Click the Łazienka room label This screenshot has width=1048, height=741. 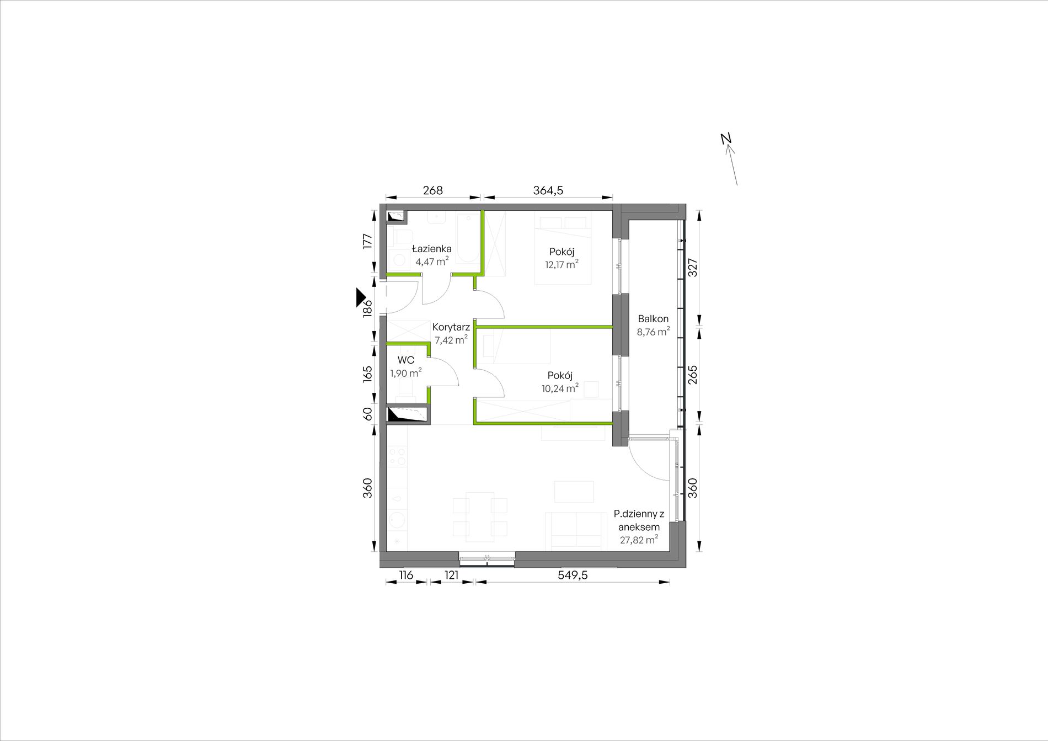[x=432, y=248]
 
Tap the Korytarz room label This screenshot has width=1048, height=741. [x=451, y=327]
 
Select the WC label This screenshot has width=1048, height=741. [x=406, y=360]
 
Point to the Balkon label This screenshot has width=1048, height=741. [x=653, y=319]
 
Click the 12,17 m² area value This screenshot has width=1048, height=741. [x=562, y=264]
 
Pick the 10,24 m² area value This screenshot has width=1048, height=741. [x=560, y=388]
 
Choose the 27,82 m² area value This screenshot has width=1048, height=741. [x=639, y=540]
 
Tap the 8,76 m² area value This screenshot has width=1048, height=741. [x=654, y=332]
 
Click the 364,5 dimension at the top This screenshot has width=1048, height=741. [x=548, y=190]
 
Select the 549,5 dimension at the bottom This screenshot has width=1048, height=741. [x=573, y=575]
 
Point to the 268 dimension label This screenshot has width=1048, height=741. [x=433, y=190]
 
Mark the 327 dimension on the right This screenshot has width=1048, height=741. [x=693, y=268]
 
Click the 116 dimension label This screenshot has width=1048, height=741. [x=407, y=575]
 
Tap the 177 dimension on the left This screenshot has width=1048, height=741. [x=368, y=242]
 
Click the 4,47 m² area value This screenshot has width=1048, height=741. [x=432, y=262]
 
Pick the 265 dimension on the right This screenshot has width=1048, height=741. [x=693, y=375]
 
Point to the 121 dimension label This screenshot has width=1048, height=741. [x=452, y=575]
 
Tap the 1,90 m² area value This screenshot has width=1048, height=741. [x=406, y=373]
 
